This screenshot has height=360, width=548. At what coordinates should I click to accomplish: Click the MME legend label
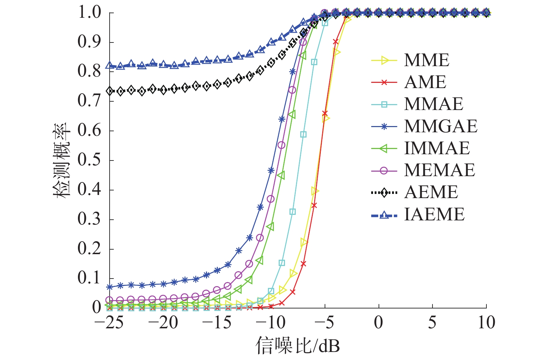click(427, 60)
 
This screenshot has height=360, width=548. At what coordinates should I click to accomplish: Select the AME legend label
click(425, 82)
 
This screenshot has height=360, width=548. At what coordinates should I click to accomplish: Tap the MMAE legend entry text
click(434, 104)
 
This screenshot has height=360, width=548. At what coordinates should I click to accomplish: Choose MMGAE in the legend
click(440, 126)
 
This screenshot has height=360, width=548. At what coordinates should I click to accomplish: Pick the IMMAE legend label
click(437, 148)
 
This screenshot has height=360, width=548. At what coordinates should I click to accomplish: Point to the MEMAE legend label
click(439, 170)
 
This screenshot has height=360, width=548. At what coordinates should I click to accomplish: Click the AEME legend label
click(431, 192)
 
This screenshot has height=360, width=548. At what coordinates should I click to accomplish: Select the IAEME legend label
click(434, 214)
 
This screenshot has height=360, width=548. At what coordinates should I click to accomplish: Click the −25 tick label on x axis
click(109, 323)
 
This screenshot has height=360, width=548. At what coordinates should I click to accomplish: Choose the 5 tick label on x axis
click(432, 323)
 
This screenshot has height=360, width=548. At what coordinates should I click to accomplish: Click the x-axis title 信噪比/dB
click(297, 346)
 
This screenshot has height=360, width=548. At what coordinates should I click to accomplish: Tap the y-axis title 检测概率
click(62, 161)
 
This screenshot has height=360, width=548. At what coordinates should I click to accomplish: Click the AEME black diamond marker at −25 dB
click(110, 91)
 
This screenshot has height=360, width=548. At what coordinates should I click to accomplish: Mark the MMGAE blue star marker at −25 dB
click(110, 287)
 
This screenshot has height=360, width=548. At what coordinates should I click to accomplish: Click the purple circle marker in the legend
click(384, 171)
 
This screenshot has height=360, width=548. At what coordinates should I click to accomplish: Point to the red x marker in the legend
click(384, 83)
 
